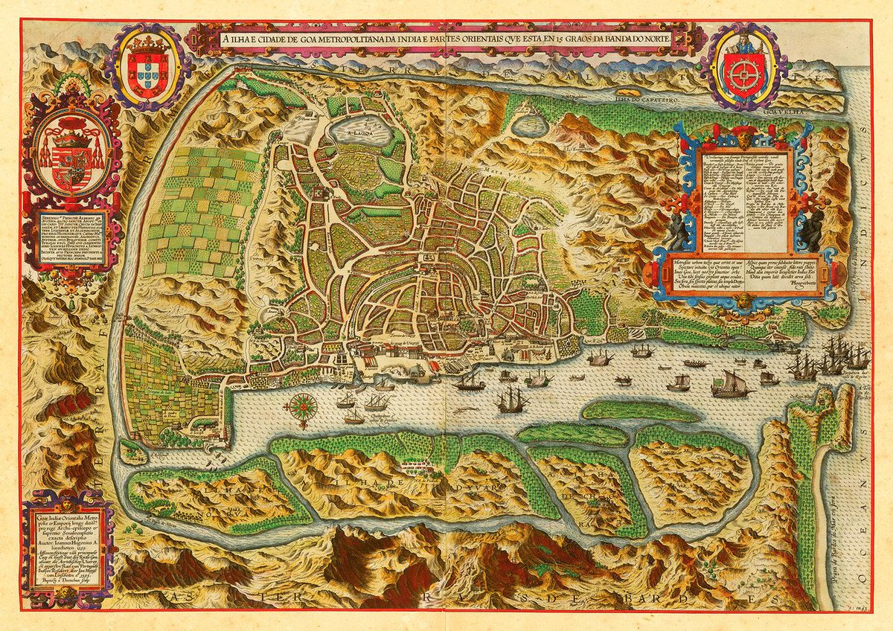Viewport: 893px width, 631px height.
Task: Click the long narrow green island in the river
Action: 633,409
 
